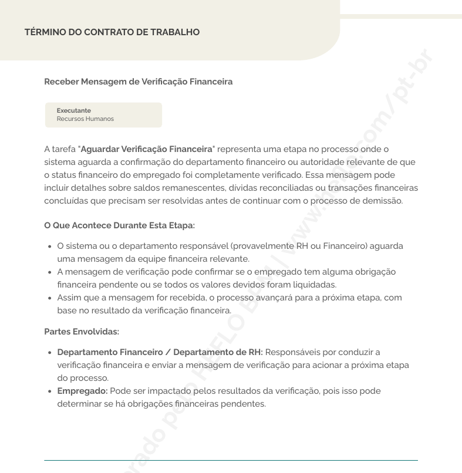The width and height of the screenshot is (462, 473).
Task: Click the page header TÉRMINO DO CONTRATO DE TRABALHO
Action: pyautogui.click(x=112, y=32)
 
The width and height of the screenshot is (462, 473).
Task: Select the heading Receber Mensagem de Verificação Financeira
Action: pyautogui.click(x=138, y=82)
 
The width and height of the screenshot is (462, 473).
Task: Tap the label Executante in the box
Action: pyautogui.click(x=73, y=110)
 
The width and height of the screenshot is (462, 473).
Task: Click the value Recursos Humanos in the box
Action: pyautogui.click(x=85, y=119)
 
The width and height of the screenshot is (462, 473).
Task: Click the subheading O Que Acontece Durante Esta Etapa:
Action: pyautogui.click(x=119, y=225)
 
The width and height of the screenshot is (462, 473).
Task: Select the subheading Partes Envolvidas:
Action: pyautogui.click(x=82, y=332)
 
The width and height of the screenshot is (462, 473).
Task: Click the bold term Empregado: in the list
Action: pyautogui.click(x=82, y=391)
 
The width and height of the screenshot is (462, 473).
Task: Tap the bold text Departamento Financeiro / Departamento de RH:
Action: pyautogui.click(x=160, y=352)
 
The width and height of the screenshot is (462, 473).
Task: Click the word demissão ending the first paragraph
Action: pyautogui.click(x=384, y=201)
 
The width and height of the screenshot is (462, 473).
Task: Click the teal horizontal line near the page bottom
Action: pyautogui.click(x=231, y=460)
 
